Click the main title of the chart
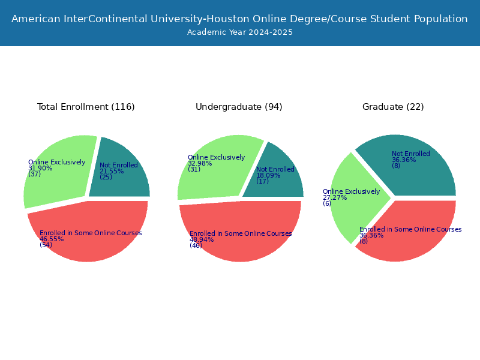[x=239, y=19]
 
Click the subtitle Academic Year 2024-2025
[x=239, y=32]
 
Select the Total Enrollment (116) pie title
[x=86, y=107]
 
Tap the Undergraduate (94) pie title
[x=239, y=107]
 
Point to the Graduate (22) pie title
[x=393, y=107]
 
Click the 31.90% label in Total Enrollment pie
[x=40, y=168]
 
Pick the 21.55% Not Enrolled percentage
[x=112, y=171]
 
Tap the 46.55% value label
[x=52, y=239]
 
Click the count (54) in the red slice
[x=46, y=245]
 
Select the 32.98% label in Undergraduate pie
[x=200, y=163]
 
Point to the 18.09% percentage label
[x=268, y=175]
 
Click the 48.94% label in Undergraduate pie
[x=202, y=239]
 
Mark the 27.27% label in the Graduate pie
[x=335, y=198]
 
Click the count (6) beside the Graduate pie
[x=327, y=203]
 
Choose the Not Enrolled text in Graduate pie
[x=411, y=154]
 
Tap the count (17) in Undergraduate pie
[x=263, y=181]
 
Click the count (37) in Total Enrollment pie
[x=35, y=174]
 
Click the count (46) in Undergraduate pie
[x=196, y=245]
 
